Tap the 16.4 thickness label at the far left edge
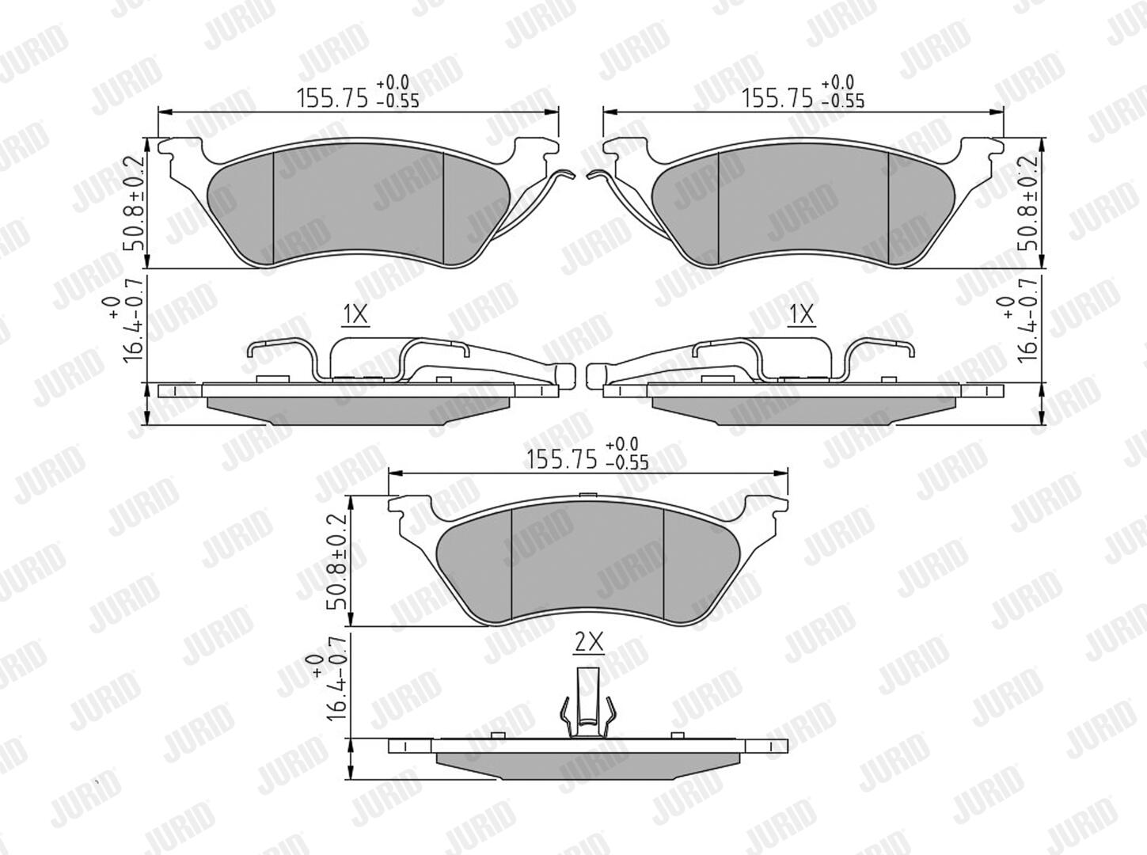tap(126, 330)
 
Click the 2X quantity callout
tap(589, 642)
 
